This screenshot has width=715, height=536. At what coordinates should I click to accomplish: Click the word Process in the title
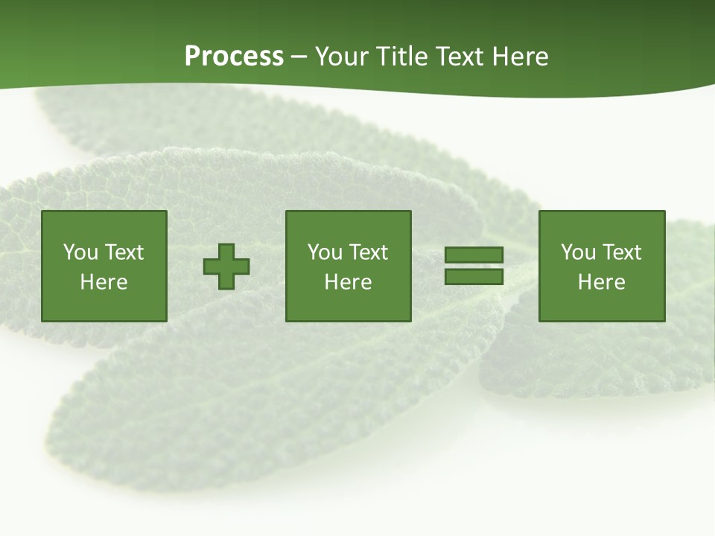point(234,57)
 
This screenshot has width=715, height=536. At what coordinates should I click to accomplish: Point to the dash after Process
point(299,57)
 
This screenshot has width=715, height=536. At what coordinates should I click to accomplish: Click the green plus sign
point(226,267)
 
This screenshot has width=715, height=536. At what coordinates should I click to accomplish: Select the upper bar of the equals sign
point(474,255)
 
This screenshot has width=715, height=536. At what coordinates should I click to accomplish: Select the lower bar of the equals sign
point(474,277)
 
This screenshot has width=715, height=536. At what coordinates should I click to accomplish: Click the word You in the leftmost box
point(80,252)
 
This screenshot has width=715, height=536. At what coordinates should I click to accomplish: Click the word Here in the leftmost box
point(104,282)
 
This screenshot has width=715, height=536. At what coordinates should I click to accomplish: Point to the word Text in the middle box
point(368,252)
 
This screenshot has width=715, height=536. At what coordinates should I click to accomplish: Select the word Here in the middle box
point(348,282)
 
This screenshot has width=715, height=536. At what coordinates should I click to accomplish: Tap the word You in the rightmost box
point(578,252)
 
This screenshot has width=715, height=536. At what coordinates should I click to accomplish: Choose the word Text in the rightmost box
point(621,252)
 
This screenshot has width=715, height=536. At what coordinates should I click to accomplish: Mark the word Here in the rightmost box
point(601,282)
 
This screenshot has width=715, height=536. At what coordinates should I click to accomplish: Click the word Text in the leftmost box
point(124,252)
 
